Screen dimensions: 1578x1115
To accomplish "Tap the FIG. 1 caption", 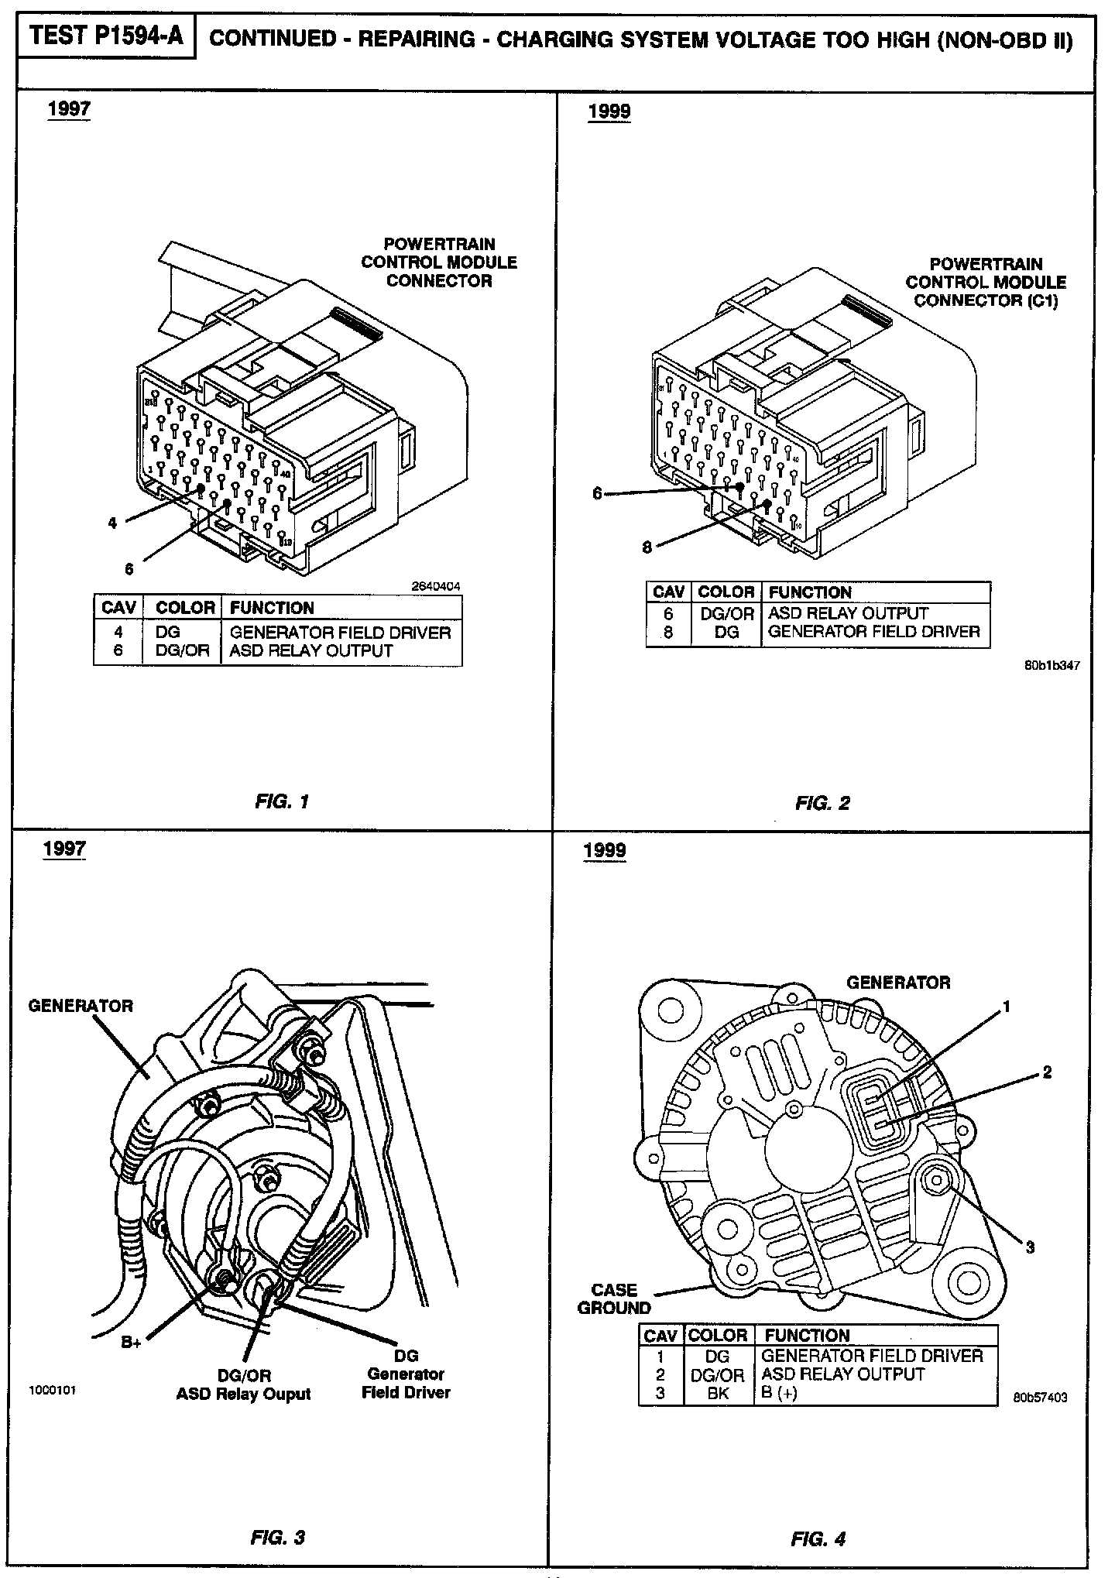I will click(x=282, y=801).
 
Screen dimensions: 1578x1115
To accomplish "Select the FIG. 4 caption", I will click(x=818, y=1539).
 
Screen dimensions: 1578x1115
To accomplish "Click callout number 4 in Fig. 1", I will click(x=113, y=523).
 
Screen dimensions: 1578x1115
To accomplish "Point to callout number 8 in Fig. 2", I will click(x=647, y=548).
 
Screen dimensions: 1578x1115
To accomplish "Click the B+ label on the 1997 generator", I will click(x=132, y=1342).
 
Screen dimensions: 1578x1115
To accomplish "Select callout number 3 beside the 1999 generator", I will click(x=1030, y=1247).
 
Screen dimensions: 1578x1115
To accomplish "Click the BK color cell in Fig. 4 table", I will click(x=718, y=1393).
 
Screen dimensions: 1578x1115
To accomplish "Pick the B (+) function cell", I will click(x=780, y=1393).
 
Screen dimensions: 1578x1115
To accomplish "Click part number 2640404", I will click(x=435, y=587).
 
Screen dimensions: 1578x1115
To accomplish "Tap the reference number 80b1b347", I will click(x=1052, y=664).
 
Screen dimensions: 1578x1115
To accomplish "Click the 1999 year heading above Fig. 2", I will click(x=609, y=111).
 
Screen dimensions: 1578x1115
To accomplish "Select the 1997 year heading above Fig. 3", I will click(x=64, y=848).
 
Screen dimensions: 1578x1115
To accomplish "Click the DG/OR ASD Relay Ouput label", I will click(x=243, y=1384).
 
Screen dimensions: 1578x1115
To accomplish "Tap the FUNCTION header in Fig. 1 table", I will click(x=272, y=608).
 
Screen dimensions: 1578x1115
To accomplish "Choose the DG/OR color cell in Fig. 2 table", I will click(x=726, y=613).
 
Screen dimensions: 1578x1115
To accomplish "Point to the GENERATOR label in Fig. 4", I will click(x=898, y=983).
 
